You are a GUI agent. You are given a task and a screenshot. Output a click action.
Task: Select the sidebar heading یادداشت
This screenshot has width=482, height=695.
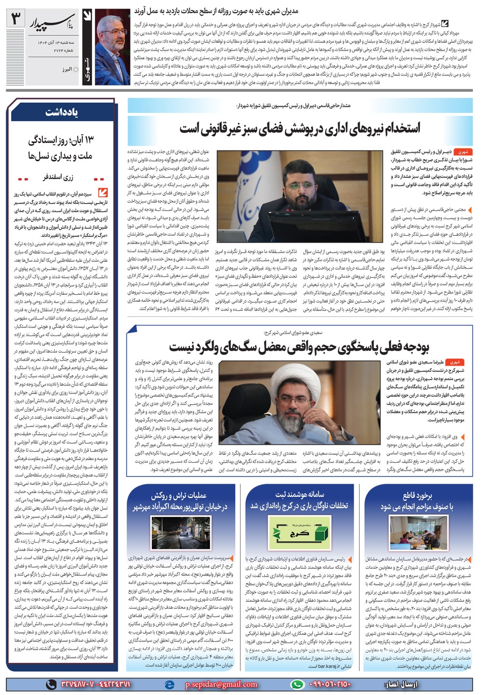[x=62, y=112]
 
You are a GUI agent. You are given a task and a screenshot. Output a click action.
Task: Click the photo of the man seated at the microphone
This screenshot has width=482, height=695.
[x=300, y=196]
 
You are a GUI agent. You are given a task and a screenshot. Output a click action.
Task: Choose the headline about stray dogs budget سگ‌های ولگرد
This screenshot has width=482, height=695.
[x=299, y=346]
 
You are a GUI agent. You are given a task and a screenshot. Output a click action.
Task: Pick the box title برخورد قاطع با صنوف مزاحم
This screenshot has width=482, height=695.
[x=417, y=502]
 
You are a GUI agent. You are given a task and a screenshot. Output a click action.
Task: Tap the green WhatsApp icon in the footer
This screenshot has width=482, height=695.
[x=298, y=684]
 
